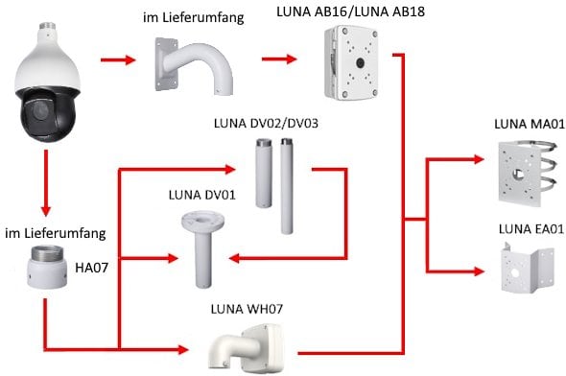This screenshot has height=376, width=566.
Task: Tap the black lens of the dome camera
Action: [37, 109]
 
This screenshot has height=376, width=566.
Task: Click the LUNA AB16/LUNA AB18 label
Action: [350, 12]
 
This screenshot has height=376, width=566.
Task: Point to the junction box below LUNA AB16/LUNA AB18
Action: [351, 62]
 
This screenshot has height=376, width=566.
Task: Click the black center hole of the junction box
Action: [360, 63]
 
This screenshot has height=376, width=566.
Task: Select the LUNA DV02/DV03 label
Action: [266, 124]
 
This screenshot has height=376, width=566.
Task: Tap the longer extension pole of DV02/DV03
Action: [287, 186]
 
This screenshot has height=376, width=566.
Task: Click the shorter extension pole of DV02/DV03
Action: [264, 173]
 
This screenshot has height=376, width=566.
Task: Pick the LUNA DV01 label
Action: [201, 195]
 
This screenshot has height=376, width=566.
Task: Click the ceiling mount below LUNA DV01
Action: [202, 249]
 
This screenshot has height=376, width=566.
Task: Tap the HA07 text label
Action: [92, 268]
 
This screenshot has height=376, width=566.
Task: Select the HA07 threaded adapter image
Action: [47, 267]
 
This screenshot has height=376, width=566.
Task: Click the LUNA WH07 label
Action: [247, 309]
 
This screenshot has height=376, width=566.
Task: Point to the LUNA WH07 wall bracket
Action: [247, 347]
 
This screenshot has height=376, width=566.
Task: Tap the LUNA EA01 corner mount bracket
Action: [528, 268]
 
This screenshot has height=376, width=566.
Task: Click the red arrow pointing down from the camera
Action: [46, 183]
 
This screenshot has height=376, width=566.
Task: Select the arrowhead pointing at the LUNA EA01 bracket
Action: [479, 271]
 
